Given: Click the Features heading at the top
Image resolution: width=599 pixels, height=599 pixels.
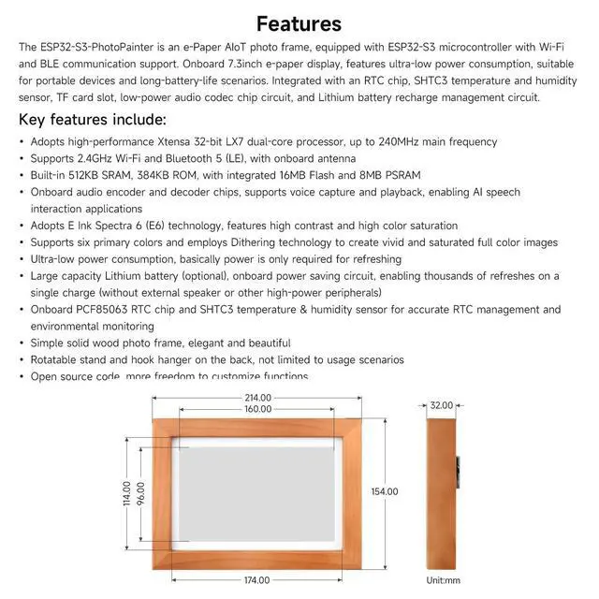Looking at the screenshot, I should pyautogui.click(x=299, y=23).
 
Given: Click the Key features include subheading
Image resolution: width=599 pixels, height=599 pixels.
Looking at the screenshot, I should pyautogui.click(x=93, y=120).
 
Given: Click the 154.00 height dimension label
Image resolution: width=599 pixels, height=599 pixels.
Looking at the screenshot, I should pyautogui.click(x=385, y=491).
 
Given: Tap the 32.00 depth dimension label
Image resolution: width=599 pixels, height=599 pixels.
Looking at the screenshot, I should pyautogui.click(x=442, y=405).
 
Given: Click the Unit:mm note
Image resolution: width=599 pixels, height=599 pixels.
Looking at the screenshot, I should pyautogui.click(x=445, y=580).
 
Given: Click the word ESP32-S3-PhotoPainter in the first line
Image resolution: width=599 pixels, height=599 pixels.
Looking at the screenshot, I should pyautogui.click(x=104, y=46).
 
